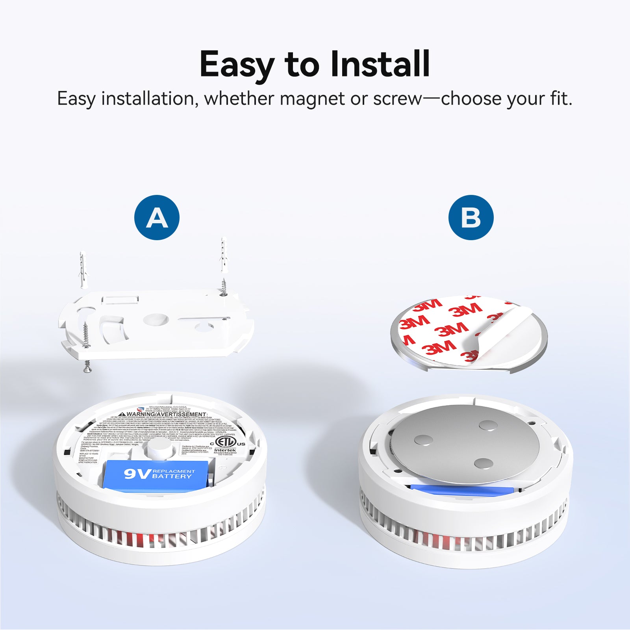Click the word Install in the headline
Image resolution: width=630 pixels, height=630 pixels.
[380, 64]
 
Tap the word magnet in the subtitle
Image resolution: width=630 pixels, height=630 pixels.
[312, 98]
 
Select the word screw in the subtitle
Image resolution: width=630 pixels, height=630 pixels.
[397, 98]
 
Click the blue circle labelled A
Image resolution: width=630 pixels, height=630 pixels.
[157, 217]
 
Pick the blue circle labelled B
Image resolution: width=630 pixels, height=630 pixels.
[471, 217]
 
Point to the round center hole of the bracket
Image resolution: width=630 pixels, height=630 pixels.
[156, 319]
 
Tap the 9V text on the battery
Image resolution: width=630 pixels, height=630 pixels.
[136, 474]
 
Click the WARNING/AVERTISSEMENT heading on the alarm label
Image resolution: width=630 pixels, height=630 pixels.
[166, 414]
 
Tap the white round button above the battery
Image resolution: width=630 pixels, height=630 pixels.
[159, 449]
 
